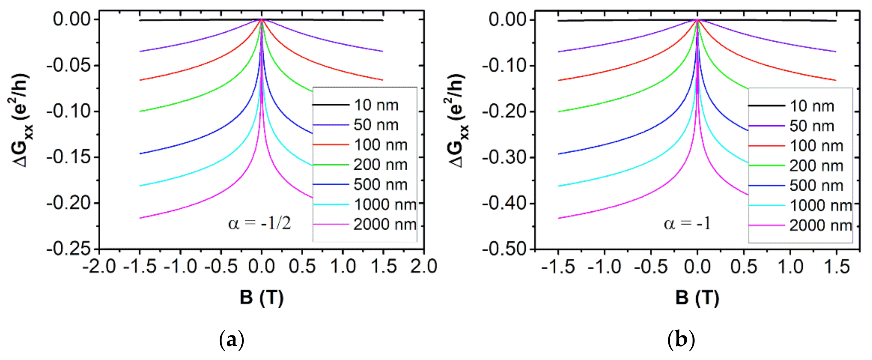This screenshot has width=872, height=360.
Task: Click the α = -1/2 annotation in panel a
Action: tap(260, 224)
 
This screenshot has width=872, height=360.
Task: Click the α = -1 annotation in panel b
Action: tap(687, 224)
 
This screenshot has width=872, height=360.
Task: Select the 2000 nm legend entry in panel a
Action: tap(384, 225)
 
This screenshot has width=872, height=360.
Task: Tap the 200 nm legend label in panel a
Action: tap(380, 165)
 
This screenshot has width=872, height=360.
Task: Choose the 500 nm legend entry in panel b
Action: tap(816, 186)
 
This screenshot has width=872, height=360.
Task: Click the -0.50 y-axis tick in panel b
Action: tap(505, 250)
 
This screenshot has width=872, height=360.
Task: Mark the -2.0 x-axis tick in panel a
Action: tap(99, 266)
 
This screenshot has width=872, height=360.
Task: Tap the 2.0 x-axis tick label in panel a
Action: tap(424, 266)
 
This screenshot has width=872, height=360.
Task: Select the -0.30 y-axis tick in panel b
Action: tap(505, 158)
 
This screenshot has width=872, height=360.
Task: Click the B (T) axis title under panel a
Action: tap(261, 298)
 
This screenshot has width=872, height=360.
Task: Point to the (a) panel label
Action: tap(232, 340)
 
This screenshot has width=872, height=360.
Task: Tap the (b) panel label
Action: tap(681, 340)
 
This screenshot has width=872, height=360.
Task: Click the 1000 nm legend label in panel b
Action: tap(820, 206)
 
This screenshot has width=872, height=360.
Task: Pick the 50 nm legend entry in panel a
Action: tap(376, 125)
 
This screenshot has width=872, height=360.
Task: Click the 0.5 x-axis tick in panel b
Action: tap(744, 267)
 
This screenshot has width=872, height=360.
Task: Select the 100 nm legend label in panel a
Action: tap(380, 145)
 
